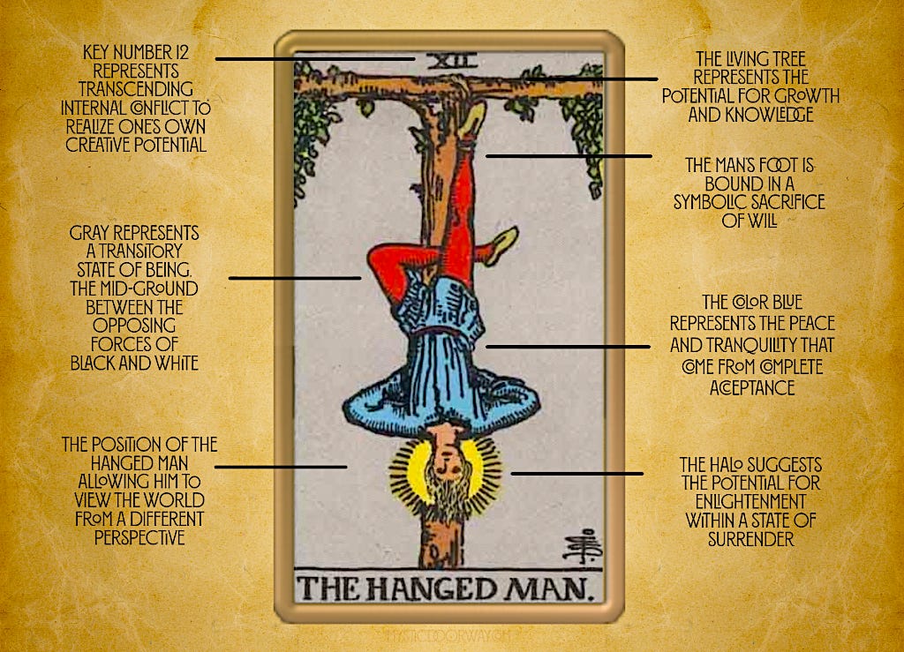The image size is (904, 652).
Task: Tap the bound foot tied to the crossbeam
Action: [x=474, y=118]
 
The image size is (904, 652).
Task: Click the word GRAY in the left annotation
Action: [x=92, y=234]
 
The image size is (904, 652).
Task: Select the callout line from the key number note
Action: [x=314, y=59]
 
